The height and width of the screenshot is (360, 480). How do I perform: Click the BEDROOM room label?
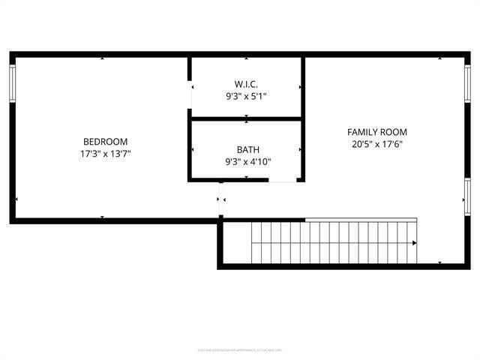tap(105, 141)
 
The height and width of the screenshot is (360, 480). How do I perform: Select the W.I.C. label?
tap(246, 84)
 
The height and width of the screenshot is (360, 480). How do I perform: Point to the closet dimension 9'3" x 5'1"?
tap(246, 96)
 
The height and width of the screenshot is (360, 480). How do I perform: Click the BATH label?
tap(247, 149)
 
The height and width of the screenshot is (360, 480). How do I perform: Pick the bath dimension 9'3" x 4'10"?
tap(247, 161)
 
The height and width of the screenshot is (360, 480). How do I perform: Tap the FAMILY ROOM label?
tap(377, 132)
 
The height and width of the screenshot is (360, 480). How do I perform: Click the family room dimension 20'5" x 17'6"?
tap(377, 144)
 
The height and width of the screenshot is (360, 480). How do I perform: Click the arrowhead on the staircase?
tap(414, 243)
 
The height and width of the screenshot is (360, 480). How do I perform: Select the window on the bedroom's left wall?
tap(12, 83)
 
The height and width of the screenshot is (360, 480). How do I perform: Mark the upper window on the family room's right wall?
tap(467, 83)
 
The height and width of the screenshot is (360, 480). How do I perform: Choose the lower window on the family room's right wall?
tap(467, 196)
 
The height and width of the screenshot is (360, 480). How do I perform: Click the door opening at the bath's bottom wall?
tap(283, 180)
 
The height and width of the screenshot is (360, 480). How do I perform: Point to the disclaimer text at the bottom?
tap(240, 349)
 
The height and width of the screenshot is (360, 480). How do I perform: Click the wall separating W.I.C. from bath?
tap(246, 118)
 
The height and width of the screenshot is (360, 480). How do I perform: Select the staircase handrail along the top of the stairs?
tap(361, 220)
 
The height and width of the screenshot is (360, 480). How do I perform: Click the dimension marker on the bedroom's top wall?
tap(103, 58)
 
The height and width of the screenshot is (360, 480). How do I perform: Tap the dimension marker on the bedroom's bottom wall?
tap(103, 217)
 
